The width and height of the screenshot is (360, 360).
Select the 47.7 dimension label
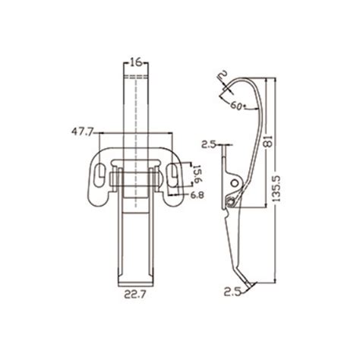tap(81, 131)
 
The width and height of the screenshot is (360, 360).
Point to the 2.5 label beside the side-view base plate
tap(208, 143)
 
